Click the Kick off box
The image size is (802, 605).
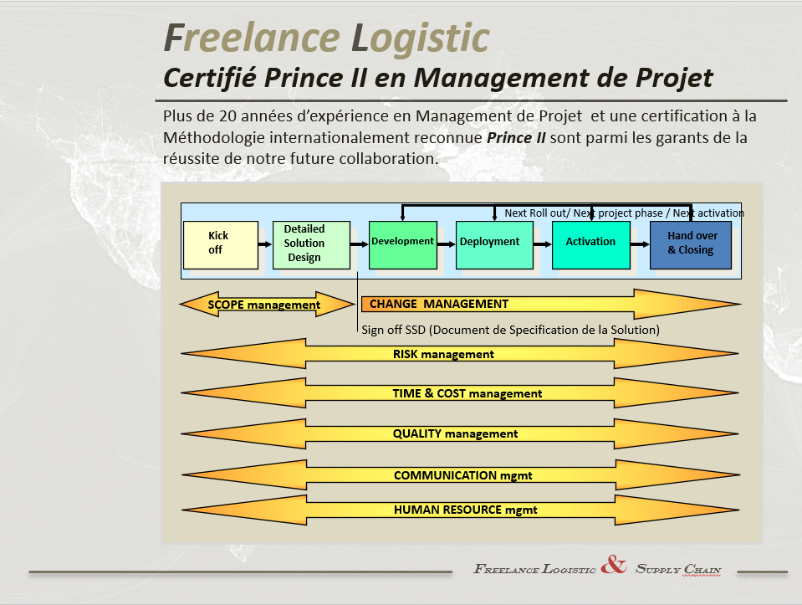(x=221, y=244)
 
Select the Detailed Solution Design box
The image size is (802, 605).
(x=311, y=244)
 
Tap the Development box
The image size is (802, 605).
(x=403, y=244)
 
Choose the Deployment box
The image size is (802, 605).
(x=494, y=244)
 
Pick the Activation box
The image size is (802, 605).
(x=590, y=244)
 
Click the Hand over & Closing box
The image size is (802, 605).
(x=691, y=244)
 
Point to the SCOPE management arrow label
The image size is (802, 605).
(x=264, y=305)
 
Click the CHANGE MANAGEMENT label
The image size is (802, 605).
(x=439, y=304)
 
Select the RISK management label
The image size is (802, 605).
(x=443, y=354)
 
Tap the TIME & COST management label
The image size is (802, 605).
(x=467, y=393)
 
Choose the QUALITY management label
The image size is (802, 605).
(x=455, y=433)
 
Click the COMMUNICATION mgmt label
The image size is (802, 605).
(x=463, y=475)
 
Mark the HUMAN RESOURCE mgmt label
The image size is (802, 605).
(x=466, y=510)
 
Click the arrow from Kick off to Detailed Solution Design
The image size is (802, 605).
(x=265, y=244)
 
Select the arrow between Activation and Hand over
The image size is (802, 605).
(x=640, y=244)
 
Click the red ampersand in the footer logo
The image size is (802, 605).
(x=614, y=565)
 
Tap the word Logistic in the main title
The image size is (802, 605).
(x=421, y=38)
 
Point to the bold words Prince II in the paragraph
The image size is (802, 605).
(x=516, y=138)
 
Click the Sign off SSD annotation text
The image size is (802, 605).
(x=510, y=331)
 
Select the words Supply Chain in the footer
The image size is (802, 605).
(x=678, y=569)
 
